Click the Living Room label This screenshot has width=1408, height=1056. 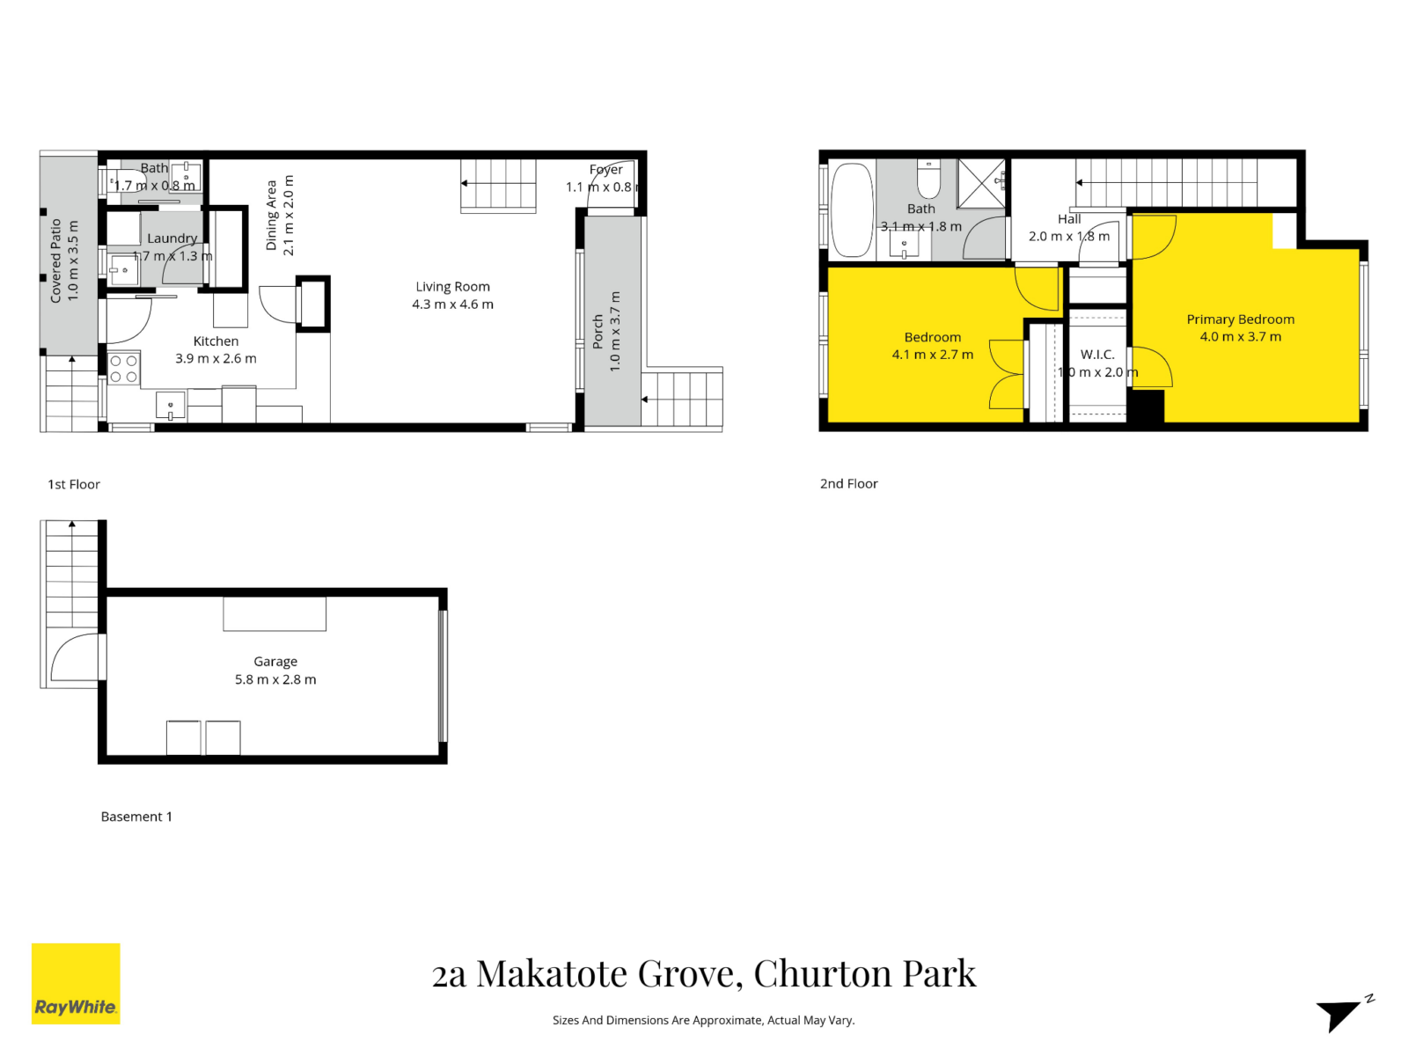(x=452, y=287)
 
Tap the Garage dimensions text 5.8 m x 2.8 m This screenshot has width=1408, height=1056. (x=275, y=679)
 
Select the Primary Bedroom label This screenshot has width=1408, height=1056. (x=1240, y=319)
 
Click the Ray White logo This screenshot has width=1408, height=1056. (x=76, y=984)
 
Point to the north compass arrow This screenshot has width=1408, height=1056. (x=1342, y=1013)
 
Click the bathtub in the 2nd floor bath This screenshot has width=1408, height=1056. (x=851, y=209)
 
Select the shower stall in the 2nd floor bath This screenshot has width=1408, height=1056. (x=981, y=183)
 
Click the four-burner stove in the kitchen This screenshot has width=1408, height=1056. (x=123, y=369)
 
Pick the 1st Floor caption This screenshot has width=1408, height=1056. (x=74, y=484)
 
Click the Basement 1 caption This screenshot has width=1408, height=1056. (x=136, y=817)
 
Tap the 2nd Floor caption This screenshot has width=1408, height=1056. (x=848, y=483)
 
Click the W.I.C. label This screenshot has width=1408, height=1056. (x=1097, y=355)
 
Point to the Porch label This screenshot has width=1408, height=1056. (x=598, y=332)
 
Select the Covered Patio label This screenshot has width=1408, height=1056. (x=56, y=260)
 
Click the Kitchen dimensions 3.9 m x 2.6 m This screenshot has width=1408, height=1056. (x=216, y=358)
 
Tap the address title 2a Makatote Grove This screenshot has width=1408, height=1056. (x=703, y=973)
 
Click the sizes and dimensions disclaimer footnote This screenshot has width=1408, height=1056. (x=703, y=1020)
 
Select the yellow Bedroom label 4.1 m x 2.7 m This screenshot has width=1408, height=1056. (x=932, y=346)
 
